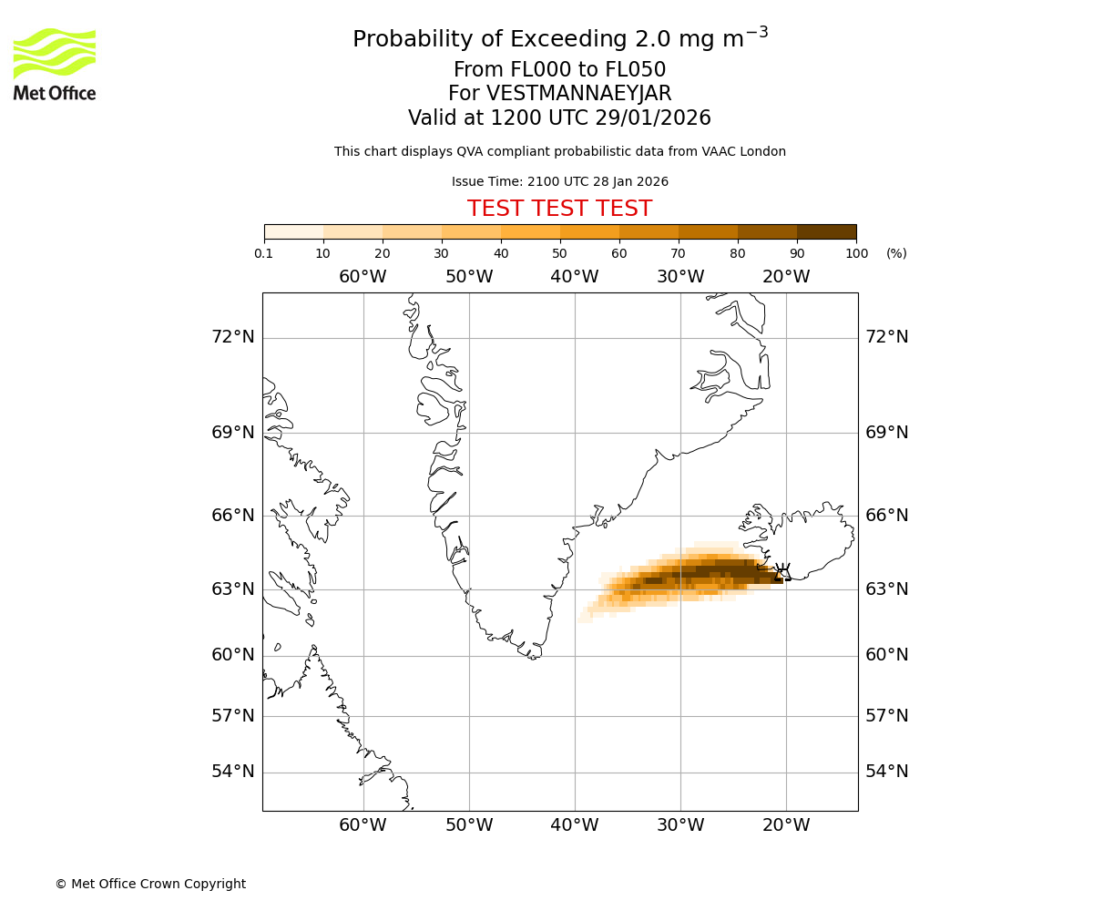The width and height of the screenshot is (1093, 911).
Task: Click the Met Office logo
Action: (x=55, y=64)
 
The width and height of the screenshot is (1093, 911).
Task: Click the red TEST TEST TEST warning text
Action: (x=559, y=209)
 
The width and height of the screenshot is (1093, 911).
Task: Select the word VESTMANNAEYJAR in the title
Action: (x=579, y=94)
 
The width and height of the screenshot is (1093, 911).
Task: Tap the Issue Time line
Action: (x=559, y=181)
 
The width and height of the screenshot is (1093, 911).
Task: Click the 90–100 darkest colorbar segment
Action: (x=826, y=231)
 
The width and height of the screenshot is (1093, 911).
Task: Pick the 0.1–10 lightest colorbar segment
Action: (x=294, y=231)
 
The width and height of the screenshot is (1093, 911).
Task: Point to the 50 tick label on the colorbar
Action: (x=560, y=253)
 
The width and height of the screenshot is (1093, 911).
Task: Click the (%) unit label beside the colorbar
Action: (x=896, y=253)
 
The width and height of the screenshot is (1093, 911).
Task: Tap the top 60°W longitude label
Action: (x=363, y=277)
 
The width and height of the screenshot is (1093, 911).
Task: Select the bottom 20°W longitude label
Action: (x=785, y=825)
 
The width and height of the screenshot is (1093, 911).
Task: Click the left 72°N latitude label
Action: (x=233, y=337)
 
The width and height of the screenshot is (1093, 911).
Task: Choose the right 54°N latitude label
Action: (x=886, y=772)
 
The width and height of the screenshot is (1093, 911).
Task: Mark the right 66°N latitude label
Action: (x=886, y=516)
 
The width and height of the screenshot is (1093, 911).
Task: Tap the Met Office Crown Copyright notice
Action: (x=150, y=884)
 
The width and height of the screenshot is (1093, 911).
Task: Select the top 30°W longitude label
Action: (x=679, y=277)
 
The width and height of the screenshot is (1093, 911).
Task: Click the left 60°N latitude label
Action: (x=233, y=655)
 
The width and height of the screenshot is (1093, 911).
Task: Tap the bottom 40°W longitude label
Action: (x=574, y=825)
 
